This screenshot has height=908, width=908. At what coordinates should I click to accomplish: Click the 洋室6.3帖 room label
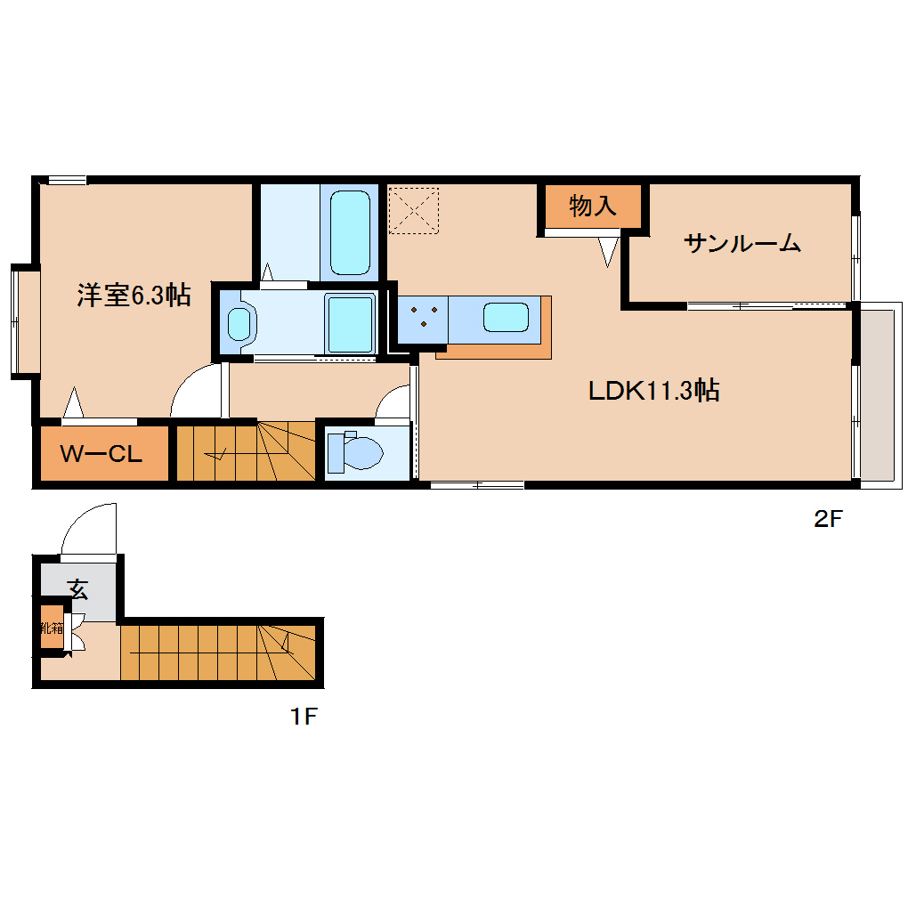pos(134,296)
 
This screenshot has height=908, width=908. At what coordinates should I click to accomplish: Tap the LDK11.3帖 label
pos(653,390)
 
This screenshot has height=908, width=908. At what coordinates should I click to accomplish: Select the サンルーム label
pos(742,242)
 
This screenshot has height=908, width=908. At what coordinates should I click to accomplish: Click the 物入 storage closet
pos(592,207)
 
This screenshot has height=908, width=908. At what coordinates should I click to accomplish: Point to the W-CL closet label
pos(101,454)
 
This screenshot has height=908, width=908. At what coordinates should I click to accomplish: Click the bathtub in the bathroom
pos(349,231)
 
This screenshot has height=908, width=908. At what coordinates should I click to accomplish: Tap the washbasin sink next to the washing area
pos(239,322)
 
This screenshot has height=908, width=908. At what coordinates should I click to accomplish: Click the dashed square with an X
pos(414,209)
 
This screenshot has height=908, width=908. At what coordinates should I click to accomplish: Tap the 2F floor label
pos(827,520)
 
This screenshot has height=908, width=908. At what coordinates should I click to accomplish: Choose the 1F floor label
pos(303,716)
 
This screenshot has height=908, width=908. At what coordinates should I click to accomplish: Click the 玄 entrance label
pos(78,588)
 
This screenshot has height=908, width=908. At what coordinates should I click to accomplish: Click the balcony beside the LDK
pos(880,395)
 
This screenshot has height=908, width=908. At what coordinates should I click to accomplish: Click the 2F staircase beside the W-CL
pos(245,452)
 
